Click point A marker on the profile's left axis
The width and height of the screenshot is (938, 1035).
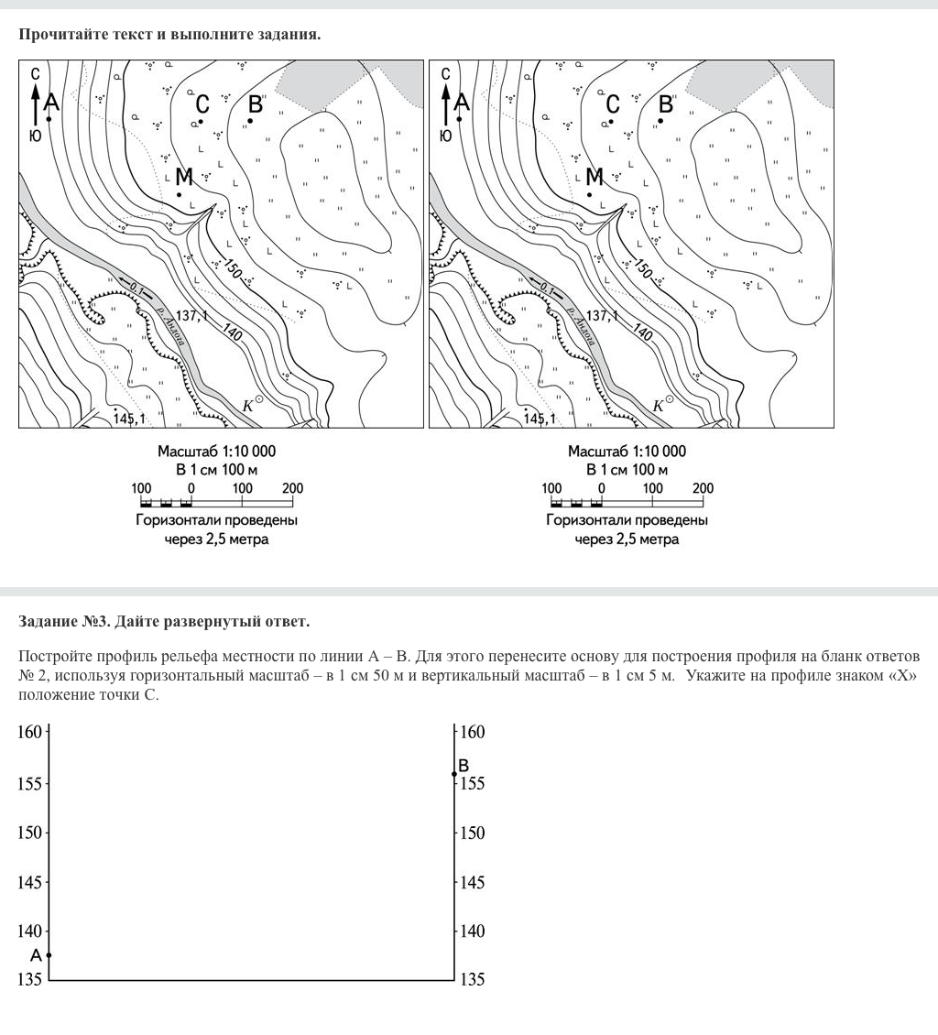click(49, 954)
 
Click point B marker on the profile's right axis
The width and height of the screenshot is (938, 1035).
click(454, 773)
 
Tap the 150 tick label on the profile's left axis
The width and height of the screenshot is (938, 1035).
click(30, 833)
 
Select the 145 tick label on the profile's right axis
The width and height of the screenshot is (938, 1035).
click(473, 883)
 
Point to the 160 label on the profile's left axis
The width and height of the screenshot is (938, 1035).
click(30, 732)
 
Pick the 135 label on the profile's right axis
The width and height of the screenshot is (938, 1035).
click(473, 980)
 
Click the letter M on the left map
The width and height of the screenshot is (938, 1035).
click(183, 176)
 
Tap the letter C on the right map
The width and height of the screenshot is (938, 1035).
click(613, 103)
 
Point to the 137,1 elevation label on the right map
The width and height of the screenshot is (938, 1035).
click(601, 316)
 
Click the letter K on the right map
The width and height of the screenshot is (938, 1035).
click(658, 405)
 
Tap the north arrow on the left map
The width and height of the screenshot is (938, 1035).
click(35, 101)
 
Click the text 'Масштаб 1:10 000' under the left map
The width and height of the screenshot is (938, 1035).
click(216, 452)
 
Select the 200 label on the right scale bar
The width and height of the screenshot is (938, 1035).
click(703, 488)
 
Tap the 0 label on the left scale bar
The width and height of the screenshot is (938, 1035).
click(191, 488)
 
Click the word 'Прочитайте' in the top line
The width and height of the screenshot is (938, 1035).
click(58, 35)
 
